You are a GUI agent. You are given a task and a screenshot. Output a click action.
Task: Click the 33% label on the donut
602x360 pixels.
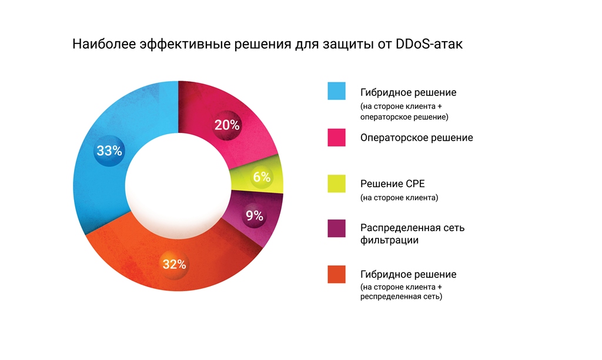pos(109,151)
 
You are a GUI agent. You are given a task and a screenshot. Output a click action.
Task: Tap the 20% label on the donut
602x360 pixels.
pos(227,125)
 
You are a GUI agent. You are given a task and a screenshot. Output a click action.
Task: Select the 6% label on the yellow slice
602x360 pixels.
pos(262,176)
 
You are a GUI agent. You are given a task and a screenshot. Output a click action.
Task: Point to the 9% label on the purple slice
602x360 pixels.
pos(254,216)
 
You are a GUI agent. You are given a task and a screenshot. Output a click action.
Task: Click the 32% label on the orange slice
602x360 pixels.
pos(174,264)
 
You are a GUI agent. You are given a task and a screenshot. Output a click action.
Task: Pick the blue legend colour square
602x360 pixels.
pos(337,91)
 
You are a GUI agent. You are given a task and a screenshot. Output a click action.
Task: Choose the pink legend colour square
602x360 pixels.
pos(337,137)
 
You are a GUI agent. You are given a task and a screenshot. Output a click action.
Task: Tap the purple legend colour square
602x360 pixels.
pos(337,228)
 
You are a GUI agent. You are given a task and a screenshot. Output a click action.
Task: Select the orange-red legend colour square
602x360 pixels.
pos(337,275)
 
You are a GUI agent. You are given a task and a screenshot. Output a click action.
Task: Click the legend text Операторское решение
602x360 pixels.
pos(417,138)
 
